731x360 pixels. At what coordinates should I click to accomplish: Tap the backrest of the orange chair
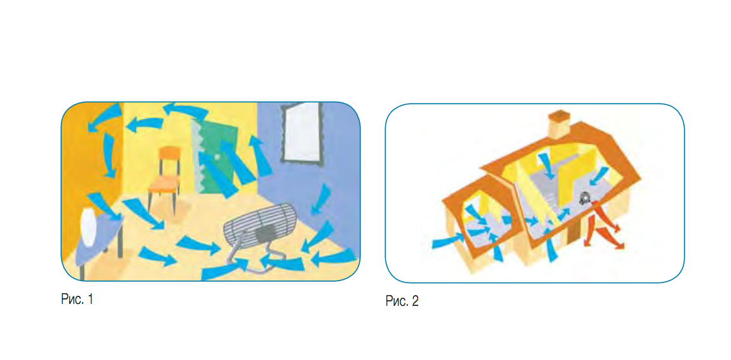(x=168, y=153)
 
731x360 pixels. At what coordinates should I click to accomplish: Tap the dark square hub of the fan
(x=265, y=232)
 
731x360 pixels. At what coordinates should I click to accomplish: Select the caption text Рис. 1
(x=77, y=300)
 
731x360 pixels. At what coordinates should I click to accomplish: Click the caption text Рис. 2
(x=402, y=301)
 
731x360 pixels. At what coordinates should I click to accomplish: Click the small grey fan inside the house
(x=584, y=198)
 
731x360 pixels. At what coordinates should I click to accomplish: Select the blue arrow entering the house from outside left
(x=448, y=241)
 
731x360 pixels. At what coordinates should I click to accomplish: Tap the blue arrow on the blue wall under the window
(x=321, y=198)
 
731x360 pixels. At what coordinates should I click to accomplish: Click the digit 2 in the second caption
(x=415, y=301)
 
